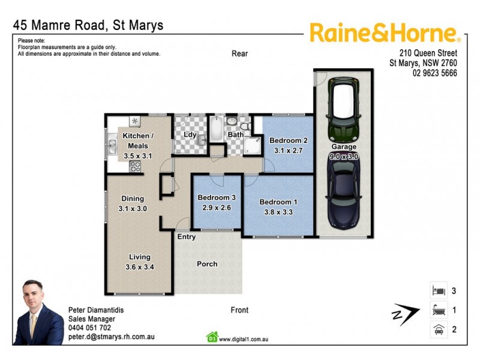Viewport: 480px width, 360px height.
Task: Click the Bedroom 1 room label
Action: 278,202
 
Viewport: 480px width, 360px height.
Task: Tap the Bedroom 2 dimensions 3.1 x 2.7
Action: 289,151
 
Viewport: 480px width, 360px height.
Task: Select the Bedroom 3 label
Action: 217,198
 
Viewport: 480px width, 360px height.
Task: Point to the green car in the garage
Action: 344,110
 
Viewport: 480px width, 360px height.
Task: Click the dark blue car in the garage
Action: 344,191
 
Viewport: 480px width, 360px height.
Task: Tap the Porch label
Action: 207,264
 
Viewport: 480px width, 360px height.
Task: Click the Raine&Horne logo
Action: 385,32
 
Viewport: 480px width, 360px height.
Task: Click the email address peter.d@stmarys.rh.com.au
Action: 112,337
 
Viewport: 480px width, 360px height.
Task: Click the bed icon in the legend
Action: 438,291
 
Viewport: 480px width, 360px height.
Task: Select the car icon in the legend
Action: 438,329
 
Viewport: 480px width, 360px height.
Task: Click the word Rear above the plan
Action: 239,53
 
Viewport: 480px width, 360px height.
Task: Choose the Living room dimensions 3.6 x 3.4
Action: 139,267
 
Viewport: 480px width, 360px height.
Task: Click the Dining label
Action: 133,199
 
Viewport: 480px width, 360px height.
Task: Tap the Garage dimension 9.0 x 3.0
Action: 344,156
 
